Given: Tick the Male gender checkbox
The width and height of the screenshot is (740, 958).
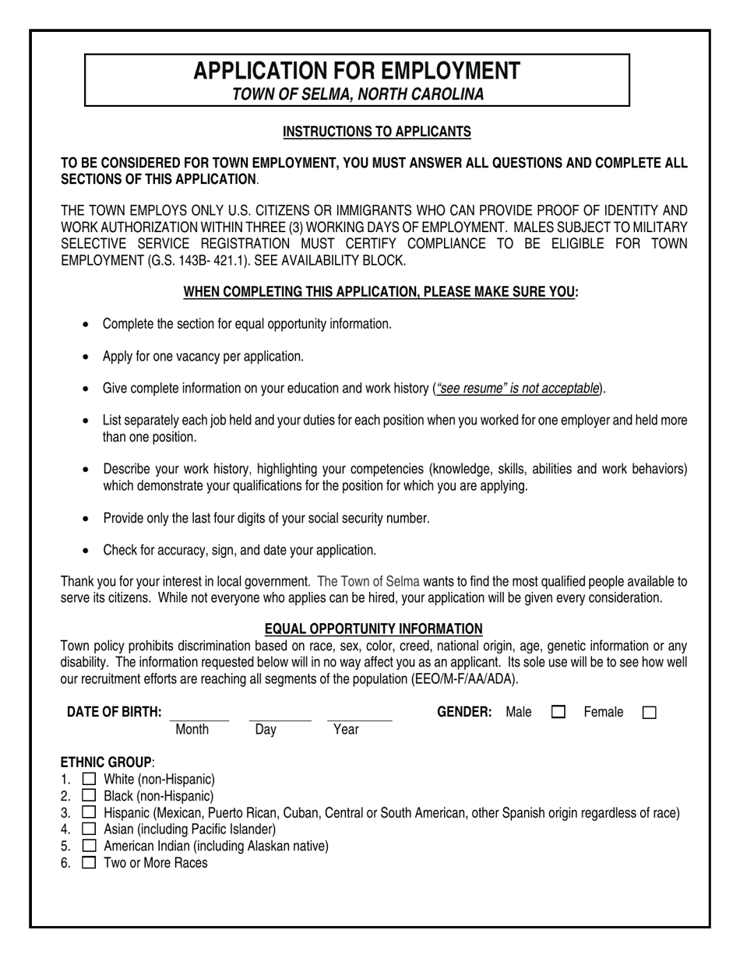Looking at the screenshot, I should [x=558, y=712].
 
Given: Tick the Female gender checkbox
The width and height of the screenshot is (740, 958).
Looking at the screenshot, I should [x=650, y=712].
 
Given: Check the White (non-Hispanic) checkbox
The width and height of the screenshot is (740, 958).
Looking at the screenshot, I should [x=90, y=779].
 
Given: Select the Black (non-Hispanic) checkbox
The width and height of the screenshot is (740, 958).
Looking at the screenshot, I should [x=90, y=796].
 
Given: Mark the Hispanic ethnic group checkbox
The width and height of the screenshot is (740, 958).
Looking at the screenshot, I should [x=90, y=812].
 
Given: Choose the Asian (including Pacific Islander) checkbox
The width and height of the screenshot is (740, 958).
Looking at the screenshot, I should [x=90, y=829].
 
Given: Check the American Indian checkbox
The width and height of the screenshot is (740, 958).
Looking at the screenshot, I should [x=90, y=846].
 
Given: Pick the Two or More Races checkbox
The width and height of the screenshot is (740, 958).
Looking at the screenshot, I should [x=90, y=862].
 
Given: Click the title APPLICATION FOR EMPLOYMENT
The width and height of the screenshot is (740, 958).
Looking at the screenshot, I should [x=357, y=71].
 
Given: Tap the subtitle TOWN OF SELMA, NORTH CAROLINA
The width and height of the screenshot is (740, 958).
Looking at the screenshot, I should [x=358, y=94].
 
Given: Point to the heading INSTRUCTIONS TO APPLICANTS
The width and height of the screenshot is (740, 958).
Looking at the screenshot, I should [x=376, y=132].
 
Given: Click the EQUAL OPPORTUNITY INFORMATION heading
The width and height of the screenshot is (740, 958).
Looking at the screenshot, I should [x=373, y=629].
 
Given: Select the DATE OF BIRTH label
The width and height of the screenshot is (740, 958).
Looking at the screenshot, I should [x=115, y=712].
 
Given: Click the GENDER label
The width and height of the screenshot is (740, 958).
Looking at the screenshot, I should [x=464, y=712].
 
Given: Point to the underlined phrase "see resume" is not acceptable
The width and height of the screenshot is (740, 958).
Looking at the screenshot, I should [x=519, y=388].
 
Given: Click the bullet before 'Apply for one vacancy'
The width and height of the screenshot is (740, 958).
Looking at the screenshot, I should [x=86, y=357].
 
